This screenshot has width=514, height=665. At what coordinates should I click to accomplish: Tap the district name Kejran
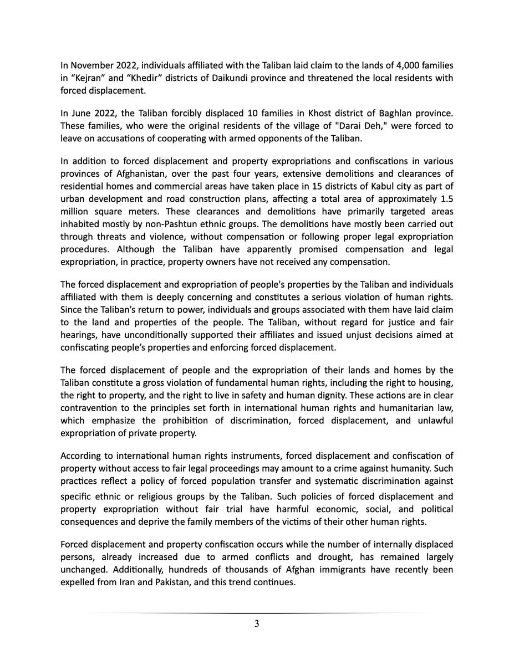click(87, 78)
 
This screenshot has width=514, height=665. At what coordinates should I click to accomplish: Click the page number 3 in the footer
click(257, 625)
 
